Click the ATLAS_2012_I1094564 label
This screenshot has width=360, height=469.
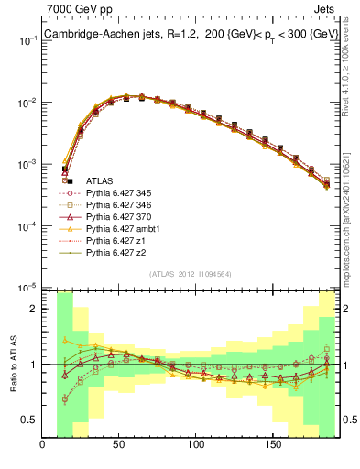pyautogui.click(x=191, y=274)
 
